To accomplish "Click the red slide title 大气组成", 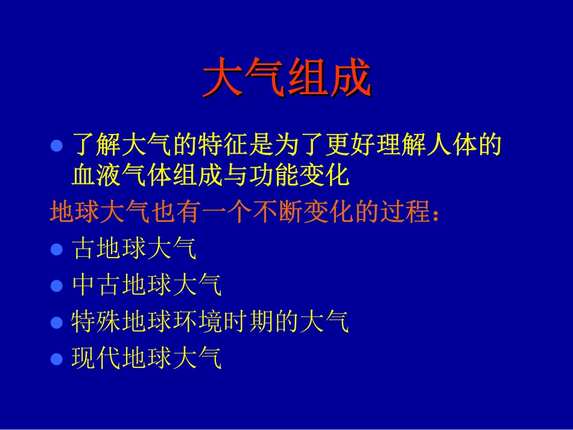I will point(286,78).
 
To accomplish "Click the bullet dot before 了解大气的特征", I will point(57,146).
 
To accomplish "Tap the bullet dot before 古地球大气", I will point(57,249).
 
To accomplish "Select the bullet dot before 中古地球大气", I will point(57,286).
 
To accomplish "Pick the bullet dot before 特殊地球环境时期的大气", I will point(57,323).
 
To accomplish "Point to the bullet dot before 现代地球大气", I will point(57,359).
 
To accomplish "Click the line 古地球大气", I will point(135,248).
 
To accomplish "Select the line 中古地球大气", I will point(147,285).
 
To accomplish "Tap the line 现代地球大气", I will point(147,359).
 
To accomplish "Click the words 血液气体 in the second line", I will point(122,175).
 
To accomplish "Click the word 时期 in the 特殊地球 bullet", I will point(249,322).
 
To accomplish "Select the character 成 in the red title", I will point(350,78).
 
